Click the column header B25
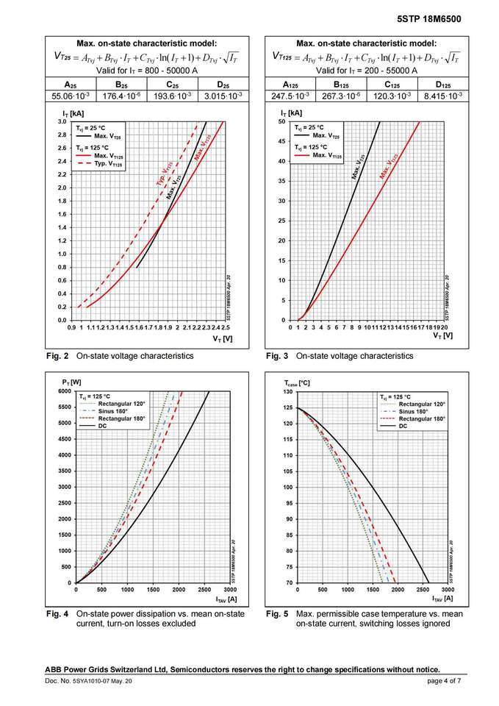click(121, 85)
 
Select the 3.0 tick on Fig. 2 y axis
click(62, 121)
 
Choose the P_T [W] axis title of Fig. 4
click(71, 383)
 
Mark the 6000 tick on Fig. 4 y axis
click(63, 392)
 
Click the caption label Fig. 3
click(277, 356)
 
